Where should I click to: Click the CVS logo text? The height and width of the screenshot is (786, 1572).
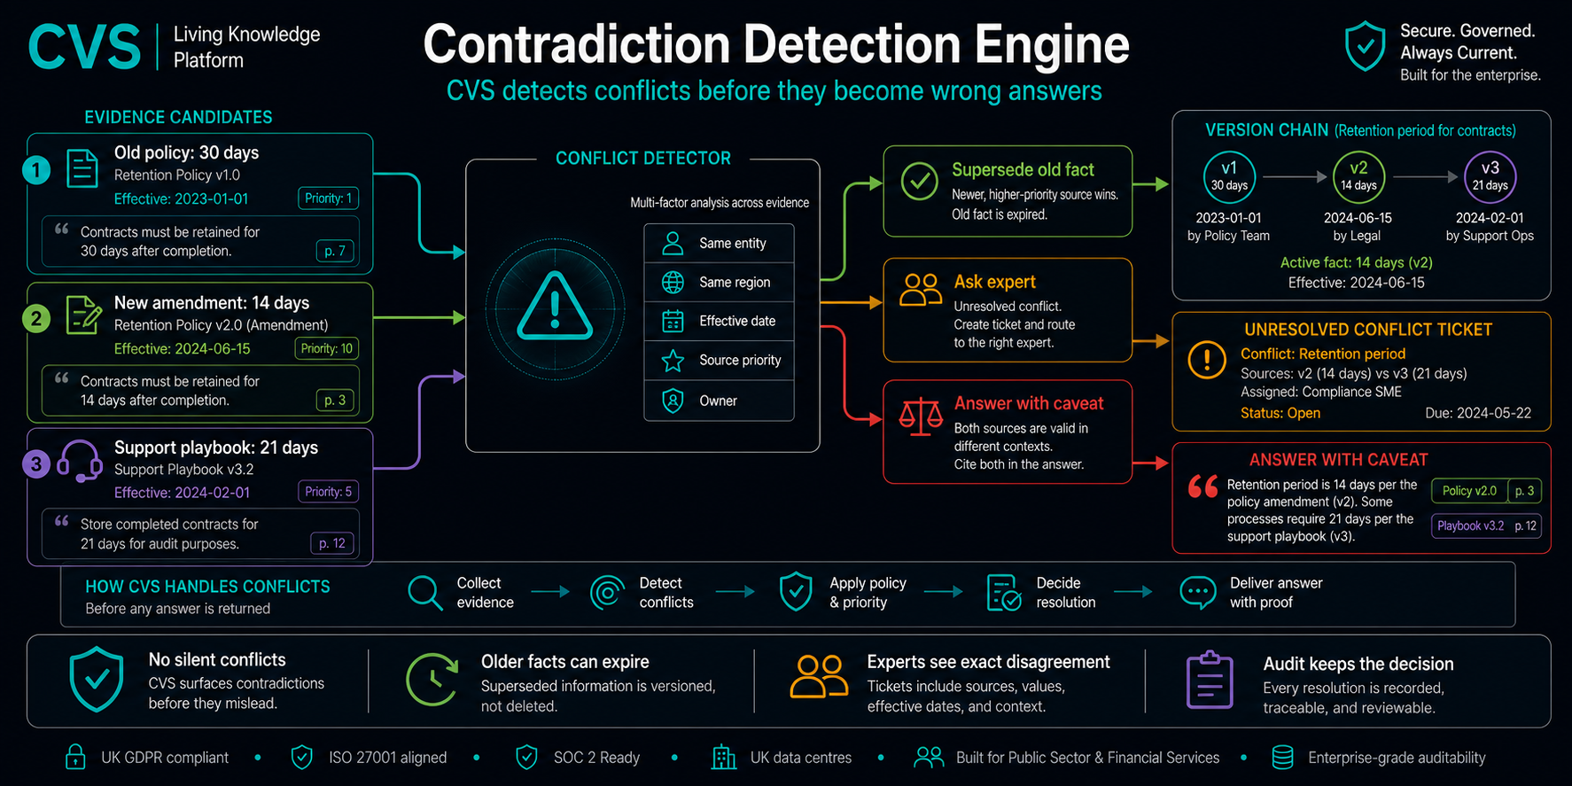pyautogui.click(x=84, y=47)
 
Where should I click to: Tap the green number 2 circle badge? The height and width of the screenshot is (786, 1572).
pyautogui.click(x=36, y=318)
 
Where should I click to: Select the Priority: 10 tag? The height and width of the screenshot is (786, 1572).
pyautogui.click(x=327, y=348)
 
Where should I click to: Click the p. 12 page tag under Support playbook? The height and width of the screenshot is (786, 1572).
pyautogui.click(x=332, y=543)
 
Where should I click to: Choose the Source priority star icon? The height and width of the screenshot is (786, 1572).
pyautogui.click(x=673, y=361)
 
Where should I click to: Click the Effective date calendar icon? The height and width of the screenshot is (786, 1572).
pyautogui.click(x=673, y=321)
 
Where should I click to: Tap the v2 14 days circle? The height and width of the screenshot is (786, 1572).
pyautogui.click(x=1358, y=176)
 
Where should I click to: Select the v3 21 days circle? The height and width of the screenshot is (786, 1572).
pyautogui.click(x=1490, y=176)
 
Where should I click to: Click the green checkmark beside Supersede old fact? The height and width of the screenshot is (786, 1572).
pyautogui.click(x=920, y=181)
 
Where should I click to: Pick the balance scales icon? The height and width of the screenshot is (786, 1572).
pyautogui.click(x=922, y=416)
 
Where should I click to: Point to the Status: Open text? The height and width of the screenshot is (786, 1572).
pyautogui.click(x=1280, y=413)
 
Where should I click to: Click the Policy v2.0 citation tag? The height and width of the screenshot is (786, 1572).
pyautogui.click(x=1469, y=491)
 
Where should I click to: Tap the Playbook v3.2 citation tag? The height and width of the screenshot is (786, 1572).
pyautogui.click(x=1471, y=525)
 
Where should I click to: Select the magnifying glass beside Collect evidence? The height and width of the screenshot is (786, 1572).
pyautogui.click(x=425, y=593)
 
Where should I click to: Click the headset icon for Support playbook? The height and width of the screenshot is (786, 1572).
pyautogui.click(x=80, y=461)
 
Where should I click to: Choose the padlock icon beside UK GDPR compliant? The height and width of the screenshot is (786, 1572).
pyautogui.click(x=75, y=757)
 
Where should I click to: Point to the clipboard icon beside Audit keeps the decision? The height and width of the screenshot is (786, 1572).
pyautogui.click(x=1210, y=680)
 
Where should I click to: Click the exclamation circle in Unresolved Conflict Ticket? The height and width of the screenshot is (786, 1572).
pyautogui.click(x=1207, y=360)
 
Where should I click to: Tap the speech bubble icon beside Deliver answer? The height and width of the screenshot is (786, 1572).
pyautogui.click(x=1198, y=592)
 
